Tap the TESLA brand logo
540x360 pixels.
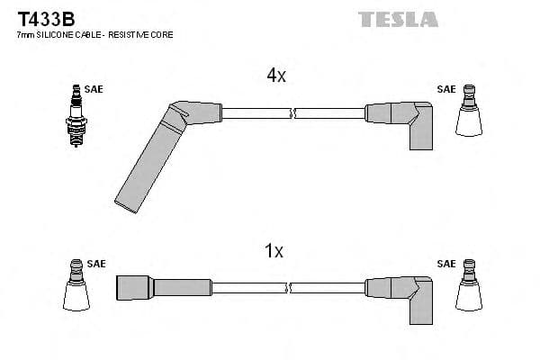(398, 18)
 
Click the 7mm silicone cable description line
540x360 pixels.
(94, 34)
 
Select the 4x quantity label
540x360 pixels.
(276, 76)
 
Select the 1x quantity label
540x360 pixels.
(274, 252)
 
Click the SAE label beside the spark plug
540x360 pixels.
(94, 89)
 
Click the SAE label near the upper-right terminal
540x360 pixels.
(445, 89)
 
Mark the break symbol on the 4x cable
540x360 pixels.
(292, 113)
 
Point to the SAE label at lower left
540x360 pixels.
(96, 264)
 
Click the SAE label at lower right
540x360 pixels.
(445, 264)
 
